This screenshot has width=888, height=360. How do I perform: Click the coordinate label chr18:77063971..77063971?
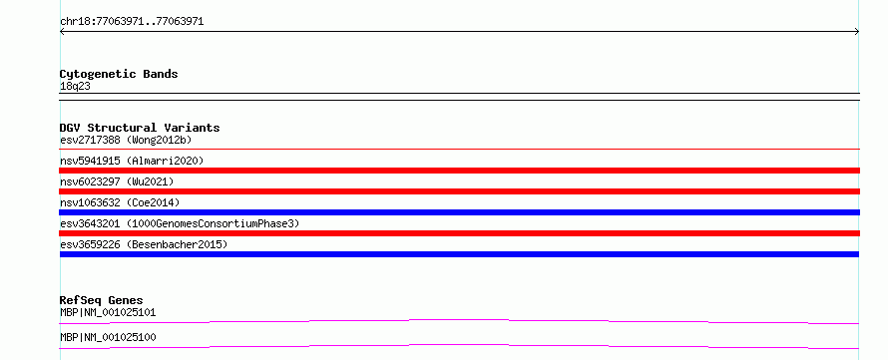(132, 22)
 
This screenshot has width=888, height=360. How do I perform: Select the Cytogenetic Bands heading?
(119, 74)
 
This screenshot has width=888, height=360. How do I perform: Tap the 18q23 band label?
(75, 87)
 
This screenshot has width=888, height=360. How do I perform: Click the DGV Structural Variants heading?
(140, 128)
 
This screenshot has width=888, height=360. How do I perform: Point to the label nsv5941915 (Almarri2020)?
(132, 161)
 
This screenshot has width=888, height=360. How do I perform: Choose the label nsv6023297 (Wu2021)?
(117, 181)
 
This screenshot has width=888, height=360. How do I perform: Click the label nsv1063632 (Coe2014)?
(120, 202)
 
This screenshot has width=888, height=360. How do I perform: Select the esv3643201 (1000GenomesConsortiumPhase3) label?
(180, 223)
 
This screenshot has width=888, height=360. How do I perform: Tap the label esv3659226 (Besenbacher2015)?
(144, 244)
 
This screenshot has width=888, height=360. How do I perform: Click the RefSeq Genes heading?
(102, 300)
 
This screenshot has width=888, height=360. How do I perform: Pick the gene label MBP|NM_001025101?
(108, 312)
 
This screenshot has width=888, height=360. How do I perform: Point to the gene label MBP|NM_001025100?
(108, 337)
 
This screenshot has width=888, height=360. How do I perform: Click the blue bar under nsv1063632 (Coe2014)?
(459, 212)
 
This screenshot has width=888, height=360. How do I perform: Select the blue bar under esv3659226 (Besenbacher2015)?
(459, 254)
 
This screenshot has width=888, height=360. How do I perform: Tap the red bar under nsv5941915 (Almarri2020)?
(459, 171)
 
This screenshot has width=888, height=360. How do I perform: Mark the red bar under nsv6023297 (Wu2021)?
(459, 191)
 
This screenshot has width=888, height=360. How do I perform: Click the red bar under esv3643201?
(459, 233)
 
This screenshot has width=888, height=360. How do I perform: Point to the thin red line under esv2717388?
(459, 150)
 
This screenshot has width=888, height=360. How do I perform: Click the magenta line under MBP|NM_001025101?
(459, 320)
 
